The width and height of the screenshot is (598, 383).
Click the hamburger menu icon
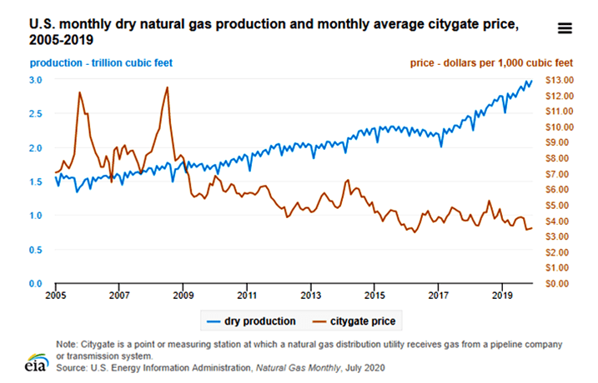tap(565, 27)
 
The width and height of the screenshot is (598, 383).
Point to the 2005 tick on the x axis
tap(56, 295)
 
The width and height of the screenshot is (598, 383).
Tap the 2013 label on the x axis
tap(310, 295)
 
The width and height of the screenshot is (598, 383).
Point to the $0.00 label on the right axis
tap(558, 284)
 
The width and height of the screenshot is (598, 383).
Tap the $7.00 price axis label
tap(558, 174)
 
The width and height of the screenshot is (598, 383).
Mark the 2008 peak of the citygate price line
tap(168, 87)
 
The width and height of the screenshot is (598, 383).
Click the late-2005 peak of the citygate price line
tap(80, 92)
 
